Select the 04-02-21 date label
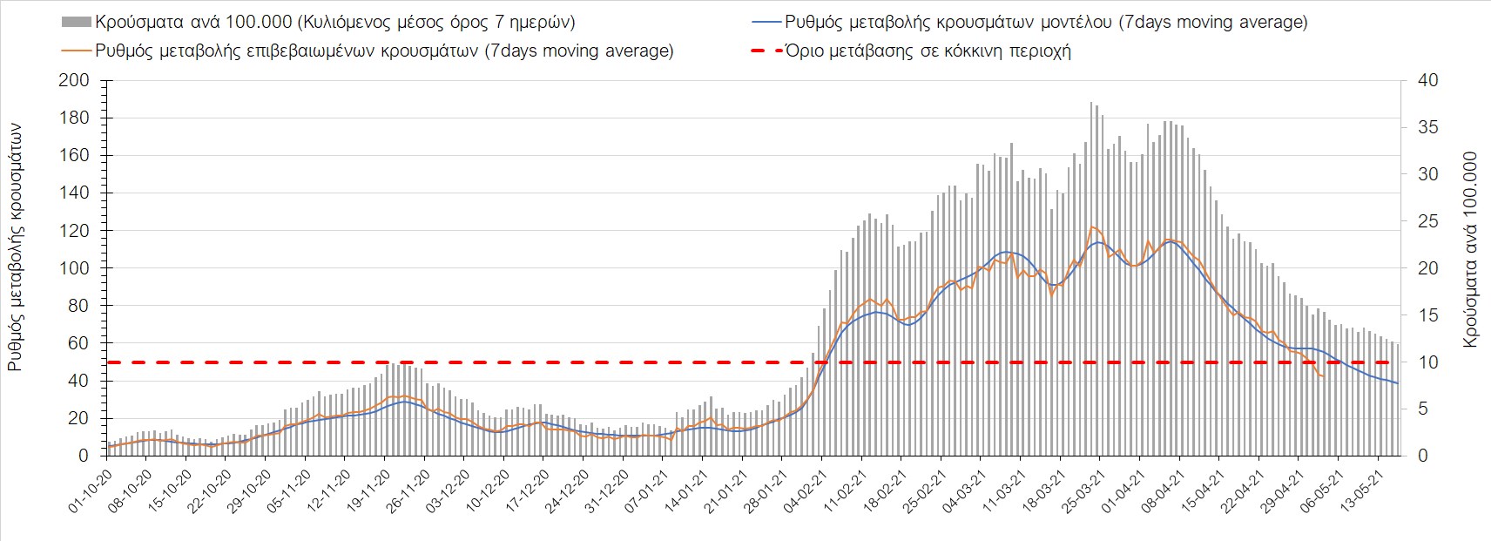(x=807, y=492)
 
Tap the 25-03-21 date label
(x=1084, y=492)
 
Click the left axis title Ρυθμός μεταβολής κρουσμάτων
(x=16, y=247)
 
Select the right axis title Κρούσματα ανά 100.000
(x=1471, y=250)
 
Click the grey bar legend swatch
(x=77, y=22)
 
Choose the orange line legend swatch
(x=77, y=51)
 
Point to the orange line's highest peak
(x=1091, y=227)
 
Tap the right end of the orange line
(x=1324, y=376)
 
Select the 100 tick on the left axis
(x=78, y=268)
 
